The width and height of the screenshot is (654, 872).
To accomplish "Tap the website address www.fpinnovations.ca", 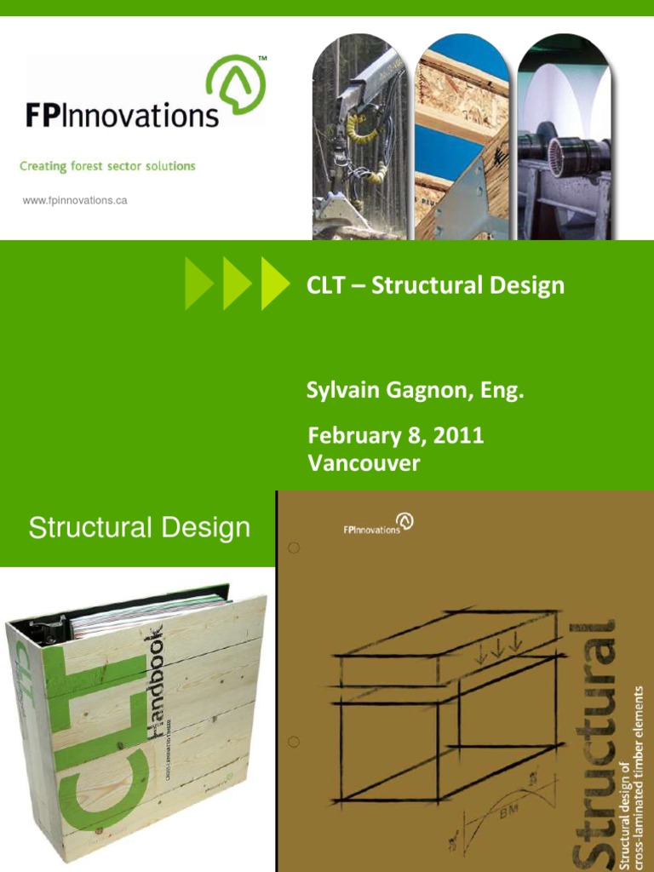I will coord(76,201).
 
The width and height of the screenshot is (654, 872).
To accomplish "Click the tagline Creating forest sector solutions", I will coord(107,166).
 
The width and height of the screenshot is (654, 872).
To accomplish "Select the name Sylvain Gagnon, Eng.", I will coord(415,393).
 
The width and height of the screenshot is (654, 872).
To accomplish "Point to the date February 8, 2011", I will coord(396,436).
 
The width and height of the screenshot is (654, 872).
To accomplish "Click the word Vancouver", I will coord(364,464).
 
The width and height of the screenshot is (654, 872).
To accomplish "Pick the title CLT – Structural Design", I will coord(435,285).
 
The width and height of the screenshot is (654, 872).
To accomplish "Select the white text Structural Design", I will coord(140,528).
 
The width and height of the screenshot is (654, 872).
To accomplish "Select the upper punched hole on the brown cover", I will coord(292,548).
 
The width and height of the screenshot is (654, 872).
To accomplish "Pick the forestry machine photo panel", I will coord(359,136).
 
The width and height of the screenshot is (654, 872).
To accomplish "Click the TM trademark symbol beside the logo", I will coord(261,59).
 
